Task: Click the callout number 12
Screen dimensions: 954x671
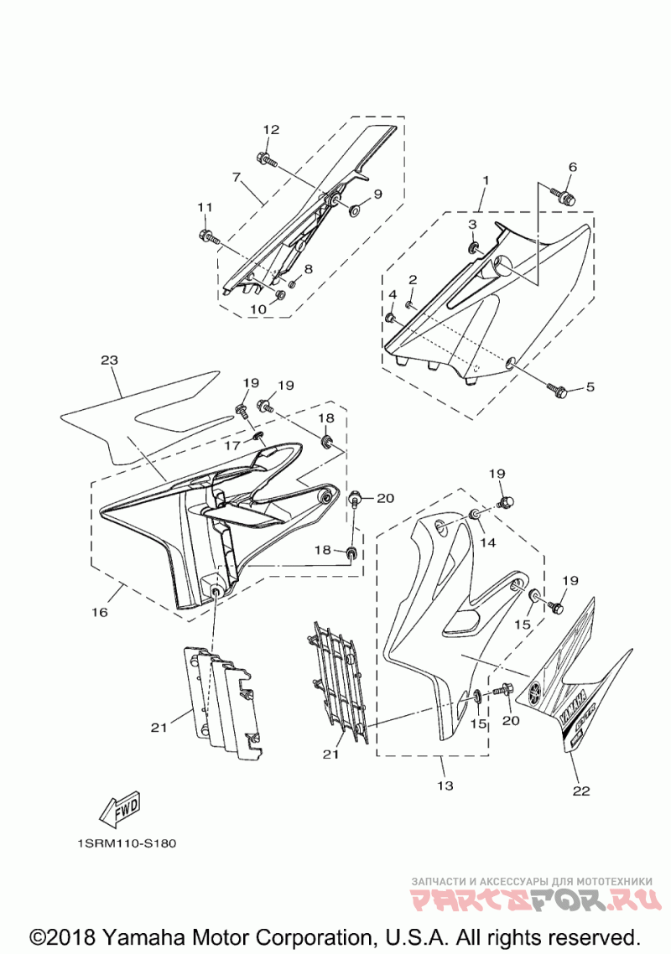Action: click(271, 130)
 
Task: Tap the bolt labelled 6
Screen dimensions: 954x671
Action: click(564, 194)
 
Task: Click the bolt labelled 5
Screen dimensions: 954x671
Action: click(559, 390)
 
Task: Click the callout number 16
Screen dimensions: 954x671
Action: click(100, 613)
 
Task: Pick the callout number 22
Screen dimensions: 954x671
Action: click(581, 790)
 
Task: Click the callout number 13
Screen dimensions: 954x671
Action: click(445, 785)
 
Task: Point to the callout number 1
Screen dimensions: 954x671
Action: click(484, 179)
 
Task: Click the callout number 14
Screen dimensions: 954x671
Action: click(488, 542)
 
